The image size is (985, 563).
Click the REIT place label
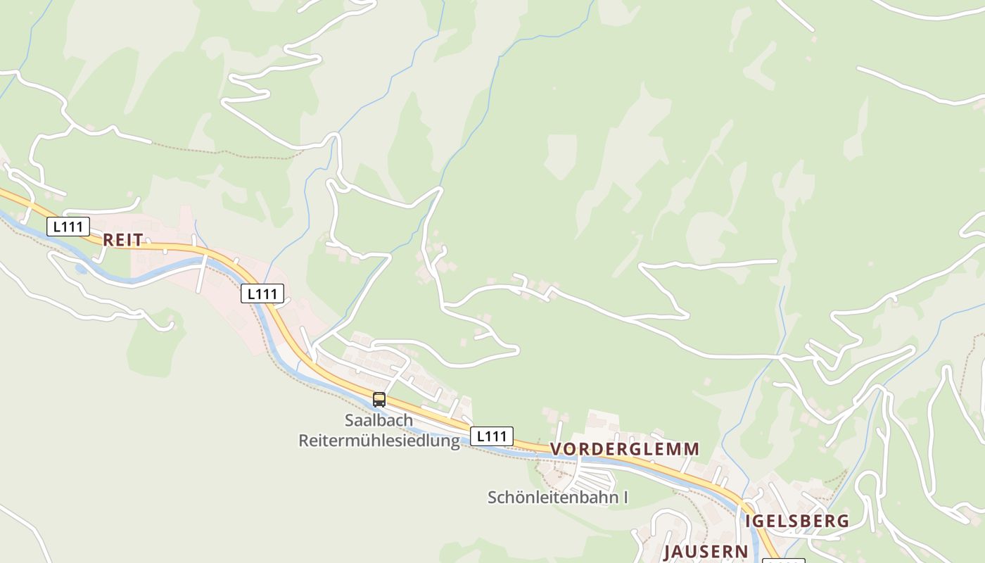click(123, 240)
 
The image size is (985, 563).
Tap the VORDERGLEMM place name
click(625, 449)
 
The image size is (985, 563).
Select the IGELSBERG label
click(796, 521)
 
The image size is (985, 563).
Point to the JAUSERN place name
click(706, 551)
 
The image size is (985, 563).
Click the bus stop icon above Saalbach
click(379, 400)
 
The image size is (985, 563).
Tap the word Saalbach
click(379, 420)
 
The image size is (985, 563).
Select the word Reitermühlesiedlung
click(379, 441)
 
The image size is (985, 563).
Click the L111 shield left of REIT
click(68, 227)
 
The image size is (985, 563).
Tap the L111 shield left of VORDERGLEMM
click(492, 436)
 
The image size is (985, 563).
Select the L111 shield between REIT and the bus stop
click(262, 293)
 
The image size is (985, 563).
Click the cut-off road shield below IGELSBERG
click(784, 560)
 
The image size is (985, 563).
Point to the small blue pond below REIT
click(82, 269)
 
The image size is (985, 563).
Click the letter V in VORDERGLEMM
click(556, 449)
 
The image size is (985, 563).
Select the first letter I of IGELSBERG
click(749, 521)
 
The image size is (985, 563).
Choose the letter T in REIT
click(139, 240)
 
